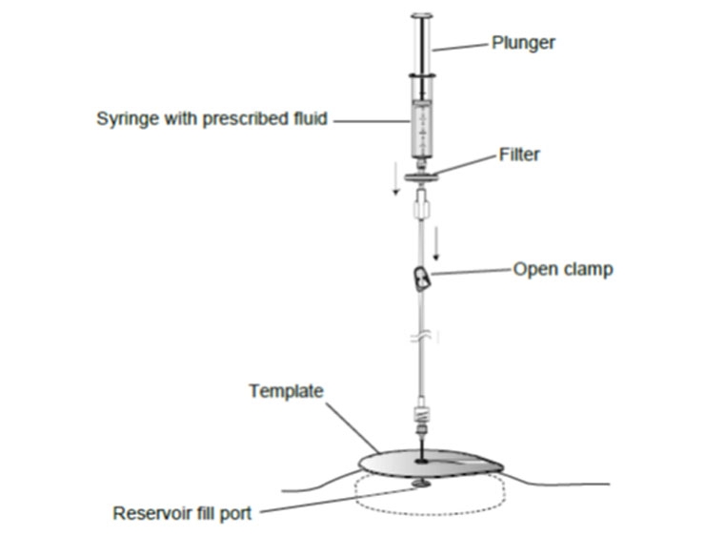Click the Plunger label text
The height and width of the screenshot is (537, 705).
coord(523,42)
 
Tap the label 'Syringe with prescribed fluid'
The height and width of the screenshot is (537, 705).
coord(211,119)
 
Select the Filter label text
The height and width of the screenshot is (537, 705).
coord(519,154)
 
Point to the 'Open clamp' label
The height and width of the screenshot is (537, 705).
coord(563,269)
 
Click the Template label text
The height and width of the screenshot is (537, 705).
coord(286,391)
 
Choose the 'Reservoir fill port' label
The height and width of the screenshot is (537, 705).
coord(182,513)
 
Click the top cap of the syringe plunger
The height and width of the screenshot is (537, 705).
coord(420,15)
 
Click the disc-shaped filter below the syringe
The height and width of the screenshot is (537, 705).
coord(419,177)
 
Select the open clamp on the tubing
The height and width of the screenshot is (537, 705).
coord(420,279)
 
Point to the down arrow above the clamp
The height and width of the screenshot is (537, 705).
coord(436,243)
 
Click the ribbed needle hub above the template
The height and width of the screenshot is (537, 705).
coord(420,417)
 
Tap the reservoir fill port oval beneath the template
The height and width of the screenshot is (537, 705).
coord(420,485)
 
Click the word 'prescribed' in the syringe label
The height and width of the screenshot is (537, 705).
coord(235,119)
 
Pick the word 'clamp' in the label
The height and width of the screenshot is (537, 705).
coord(591,269)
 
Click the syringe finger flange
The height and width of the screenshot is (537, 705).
coord(420,76)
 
